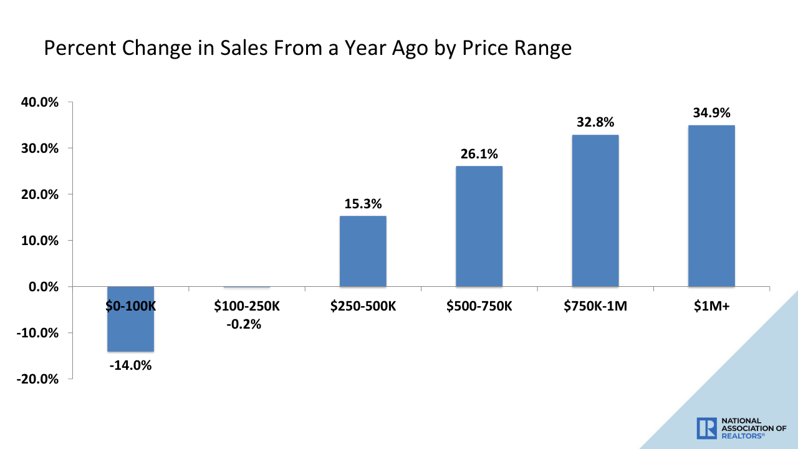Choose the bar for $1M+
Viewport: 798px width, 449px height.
711,206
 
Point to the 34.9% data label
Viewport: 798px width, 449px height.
711,113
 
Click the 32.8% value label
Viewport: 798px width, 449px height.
595,122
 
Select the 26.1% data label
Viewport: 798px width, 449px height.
479,153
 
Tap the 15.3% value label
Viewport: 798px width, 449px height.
363,203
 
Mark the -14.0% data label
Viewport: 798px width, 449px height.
130,365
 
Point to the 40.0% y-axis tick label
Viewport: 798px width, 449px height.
39,102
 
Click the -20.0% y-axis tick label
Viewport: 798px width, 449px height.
37,379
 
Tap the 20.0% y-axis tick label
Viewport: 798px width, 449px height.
39,195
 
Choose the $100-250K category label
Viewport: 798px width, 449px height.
246,306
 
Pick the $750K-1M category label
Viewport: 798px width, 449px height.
595,306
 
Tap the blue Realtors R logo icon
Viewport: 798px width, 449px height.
707,428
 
